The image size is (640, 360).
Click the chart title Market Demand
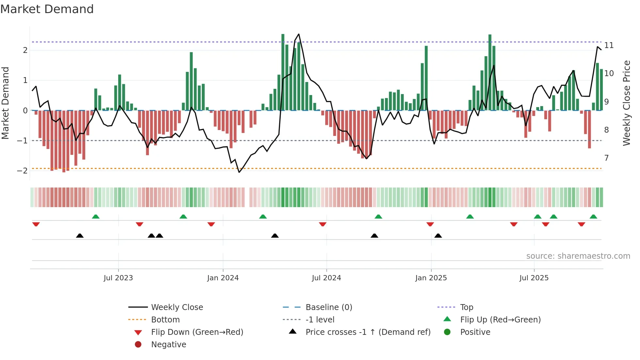pyautogui.click(x=47, y=9)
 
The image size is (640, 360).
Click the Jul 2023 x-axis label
pyautogui.click(x=118, y=278)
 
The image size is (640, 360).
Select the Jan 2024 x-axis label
pyautogui.click(x=223, y=278)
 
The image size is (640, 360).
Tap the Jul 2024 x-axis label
pyautogui.click(x=326, y=278)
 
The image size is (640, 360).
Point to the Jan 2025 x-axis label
pyautogui.click(x=431, y=278)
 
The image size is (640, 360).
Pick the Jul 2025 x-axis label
pyautogui.click(x=534, y=278)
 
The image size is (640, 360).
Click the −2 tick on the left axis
pyautogui.click(x=22, y=171)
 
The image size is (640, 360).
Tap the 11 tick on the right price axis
pyautogui.click(x=609, y=45)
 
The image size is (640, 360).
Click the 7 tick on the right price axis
pyautogui.click(x=606, y=158)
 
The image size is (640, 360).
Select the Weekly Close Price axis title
pyautogui.click(x=626, y=103)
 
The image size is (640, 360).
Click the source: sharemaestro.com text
pyautogui.click(x=578, y=256)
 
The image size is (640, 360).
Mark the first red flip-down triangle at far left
pyautogui.click(x=36, y=224)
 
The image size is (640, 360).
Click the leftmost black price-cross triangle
pyautogui.click(x=80, y=236)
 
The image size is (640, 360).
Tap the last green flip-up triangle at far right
pyautogui.click(x=593, y=217)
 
